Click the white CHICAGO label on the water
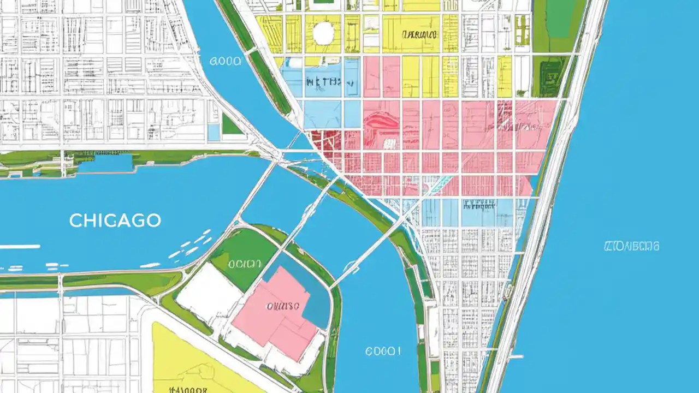point(115,221)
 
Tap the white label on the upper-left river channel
point(225,62)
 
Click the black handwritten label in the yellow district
point(420,34)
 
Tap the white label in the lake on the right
point(631,246)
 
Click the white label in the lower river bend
point(383,351)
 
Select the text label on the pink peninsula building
point(282,307)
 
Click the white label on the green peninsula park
point(245,264)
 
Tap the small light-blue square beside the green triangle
point(214,132)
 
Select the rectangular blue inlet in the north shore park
point(105,163)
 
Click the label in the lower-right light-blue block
point(479,206)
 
